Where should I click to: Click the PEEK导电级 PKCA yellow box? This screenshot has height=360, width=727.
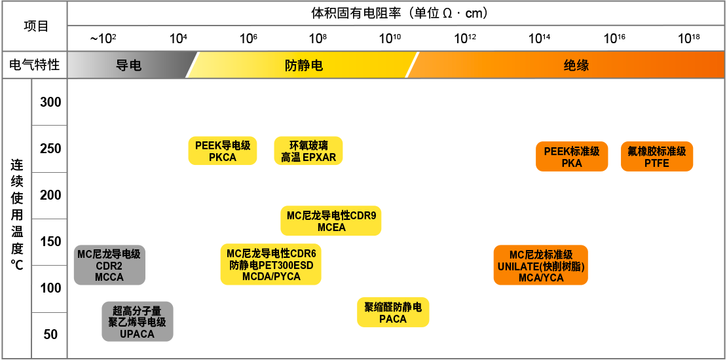coord(223,151)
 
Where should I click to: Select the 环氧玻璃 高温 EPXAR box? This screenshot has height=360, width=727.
coord(308,151)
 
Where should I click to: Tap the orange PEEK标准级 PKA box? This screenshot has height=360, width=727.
coord(571,156)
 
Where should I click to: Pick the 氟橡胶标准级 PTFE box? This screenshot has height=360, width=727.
coord(656,156)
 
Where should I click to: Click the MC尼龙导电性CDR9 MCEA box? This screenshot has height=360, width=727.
coord(331,221)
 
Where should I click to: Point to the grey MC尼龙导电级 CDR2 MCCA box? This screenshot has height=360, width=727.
coord(109,265)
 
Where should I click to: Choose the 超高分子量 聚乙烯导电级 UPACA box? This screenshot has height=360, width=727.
coord(137,321)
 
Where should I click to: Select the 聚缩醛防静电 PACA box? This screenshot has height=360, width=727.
coord(392,312)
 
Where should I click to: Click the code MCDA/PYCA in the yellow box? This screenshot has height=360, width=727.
coord(270,276)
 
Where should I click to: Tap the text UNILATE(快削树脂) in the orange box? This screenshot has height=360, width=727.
coord(540,266)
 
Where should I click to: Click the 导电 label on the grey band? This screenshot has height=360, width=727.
coord(128,65)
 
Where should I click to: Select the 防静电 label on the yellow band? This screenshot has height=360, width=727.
coord(303,65)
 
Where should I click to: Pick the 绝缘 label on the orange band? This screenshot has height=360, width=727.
coord(576,65)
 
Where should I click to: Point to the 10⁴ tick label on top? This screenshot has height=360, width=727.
coord(178,39)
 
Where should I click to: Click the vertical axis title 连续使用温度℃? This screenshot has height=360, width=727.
coord(17,213)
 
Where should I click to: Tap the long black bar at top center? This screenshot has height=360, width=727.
coord(398,12)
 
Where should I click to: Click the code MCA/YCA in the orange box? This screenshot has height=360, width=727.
coord(540,277)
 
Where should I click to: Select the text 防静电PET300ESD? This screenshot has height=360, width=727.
coord(270,265)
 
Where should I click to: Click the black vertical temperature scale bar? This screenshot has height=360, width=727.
coord(47,216)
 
